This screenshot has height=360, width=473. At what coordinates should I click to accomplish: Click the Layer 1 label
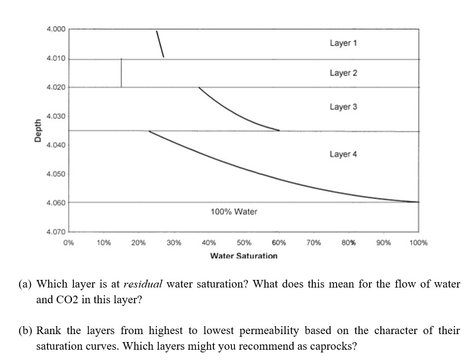343,43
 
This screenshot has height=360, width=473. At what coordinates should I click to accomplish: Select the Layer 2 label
343,73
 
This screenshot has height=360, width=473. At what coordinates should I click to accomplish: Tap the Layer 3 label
343,107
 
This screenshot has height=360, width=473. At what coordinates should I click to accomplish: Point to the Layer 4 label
343,154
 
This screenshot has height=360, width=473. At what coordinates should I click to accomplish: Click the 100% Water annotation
234,212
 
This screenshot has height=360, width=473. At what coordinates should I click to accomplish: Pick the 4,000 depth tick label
56,29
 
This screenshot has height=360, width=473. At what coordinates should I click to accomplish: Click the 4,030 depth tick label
56,116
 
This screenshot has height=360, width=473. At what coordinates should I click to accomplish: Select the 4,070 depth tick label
56,232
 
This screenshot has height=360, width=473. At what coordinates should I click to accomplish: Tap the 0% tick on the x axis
68,243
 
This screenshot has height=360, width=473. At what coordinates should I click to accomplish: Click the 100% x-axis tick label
418,243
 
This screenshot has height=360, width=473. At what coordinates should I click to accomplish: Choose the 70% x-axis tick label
314,243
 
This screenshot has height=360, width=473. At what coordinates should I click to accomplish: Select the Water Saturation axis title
244,256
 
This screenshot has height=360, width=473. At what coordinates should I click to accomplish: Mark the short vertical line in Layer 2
121,73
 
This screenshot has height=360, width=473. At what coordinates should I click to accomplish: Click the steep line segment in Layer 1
160,44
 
